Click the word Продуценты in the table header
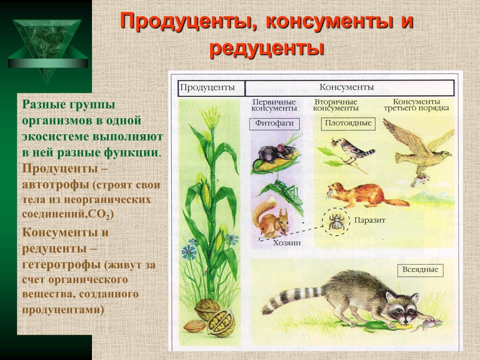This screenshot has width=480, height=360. click(x=206, y=88)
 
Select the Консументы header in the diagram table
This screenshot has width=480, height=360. click(x=346, y=87)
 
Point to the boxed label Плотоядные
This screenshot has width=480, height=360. click(x=348, y=123)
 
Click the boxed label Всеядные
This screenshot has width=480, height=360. click(x=420, y=270)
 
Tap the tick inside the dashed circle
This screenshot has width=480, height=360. click(x=334, y=221)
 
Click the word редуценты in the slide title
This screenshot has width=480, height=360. click(x=266, y=48)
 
